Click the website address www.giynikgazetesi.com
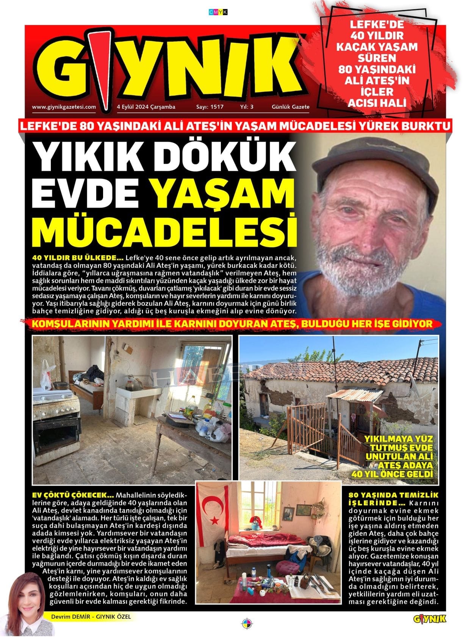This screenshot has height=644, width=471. [64, 107]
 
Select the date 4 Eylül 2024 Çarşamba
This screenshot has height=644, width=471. [146, 107]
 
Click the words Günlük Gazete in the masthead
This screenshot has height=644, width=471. [290, 107]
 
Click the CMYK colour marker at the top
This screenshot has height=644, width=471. [218, 13]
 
